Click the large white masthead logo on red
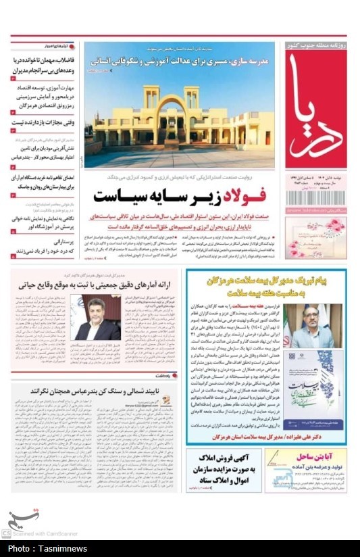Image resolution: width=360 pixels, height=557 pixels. click(x=315, y=108)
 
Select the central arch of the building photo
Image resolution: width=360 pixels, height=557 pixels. click(x=172, y=120)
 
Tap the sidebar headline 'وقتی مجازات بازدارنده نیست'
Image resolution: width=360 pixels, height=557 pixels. click(x=43, y=122)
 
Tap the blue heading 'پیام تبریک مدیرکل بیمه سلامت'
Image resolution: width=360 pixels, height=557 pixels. click(x=267, y=283)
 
